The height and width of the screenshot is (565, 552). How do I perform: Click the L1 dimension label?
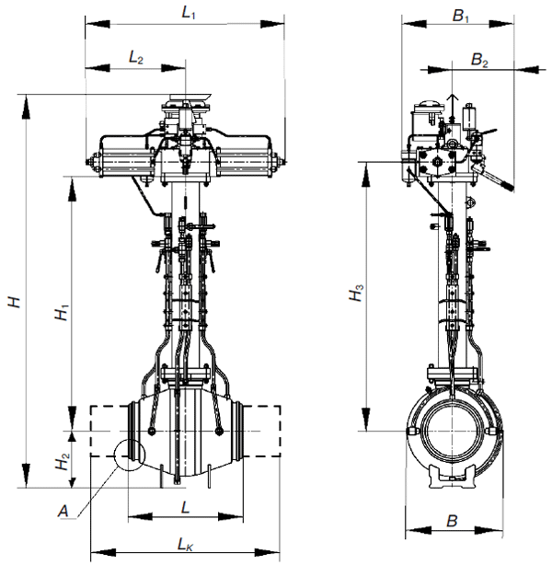(188, 13)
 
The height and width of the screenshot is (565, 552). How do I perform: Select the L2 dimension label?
(136, 58)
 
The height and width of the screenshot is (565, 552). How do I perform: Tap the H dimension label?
(15, 302)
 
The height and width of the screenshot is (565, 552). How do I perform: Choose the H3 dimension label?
(357, 293)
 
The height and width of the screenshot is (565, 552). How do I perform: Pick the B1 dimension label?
(461, 17)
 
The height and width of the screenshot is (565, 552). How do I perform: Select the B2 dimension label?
(479, 60)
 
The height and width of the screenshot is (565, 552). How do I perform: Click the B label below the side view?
(452, 521)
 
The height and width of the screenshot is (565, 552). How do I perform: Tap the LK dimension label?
(185, 545)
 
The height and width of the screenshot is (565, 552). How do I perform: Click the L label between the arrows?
(185, 508)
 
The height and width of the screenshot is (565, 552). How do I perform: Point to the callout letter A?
(63, 512)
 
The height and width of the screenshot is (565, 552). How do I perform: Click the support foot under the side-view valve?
(452, 477)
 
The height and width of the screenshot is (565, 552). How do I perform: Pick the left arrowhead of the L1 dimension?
(98, 24)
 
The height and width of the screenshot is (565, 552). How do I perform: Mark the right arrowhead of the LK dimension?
(268, 551)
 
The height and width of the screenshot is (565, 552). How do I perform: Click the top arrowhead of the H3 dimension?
(366, 175)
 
